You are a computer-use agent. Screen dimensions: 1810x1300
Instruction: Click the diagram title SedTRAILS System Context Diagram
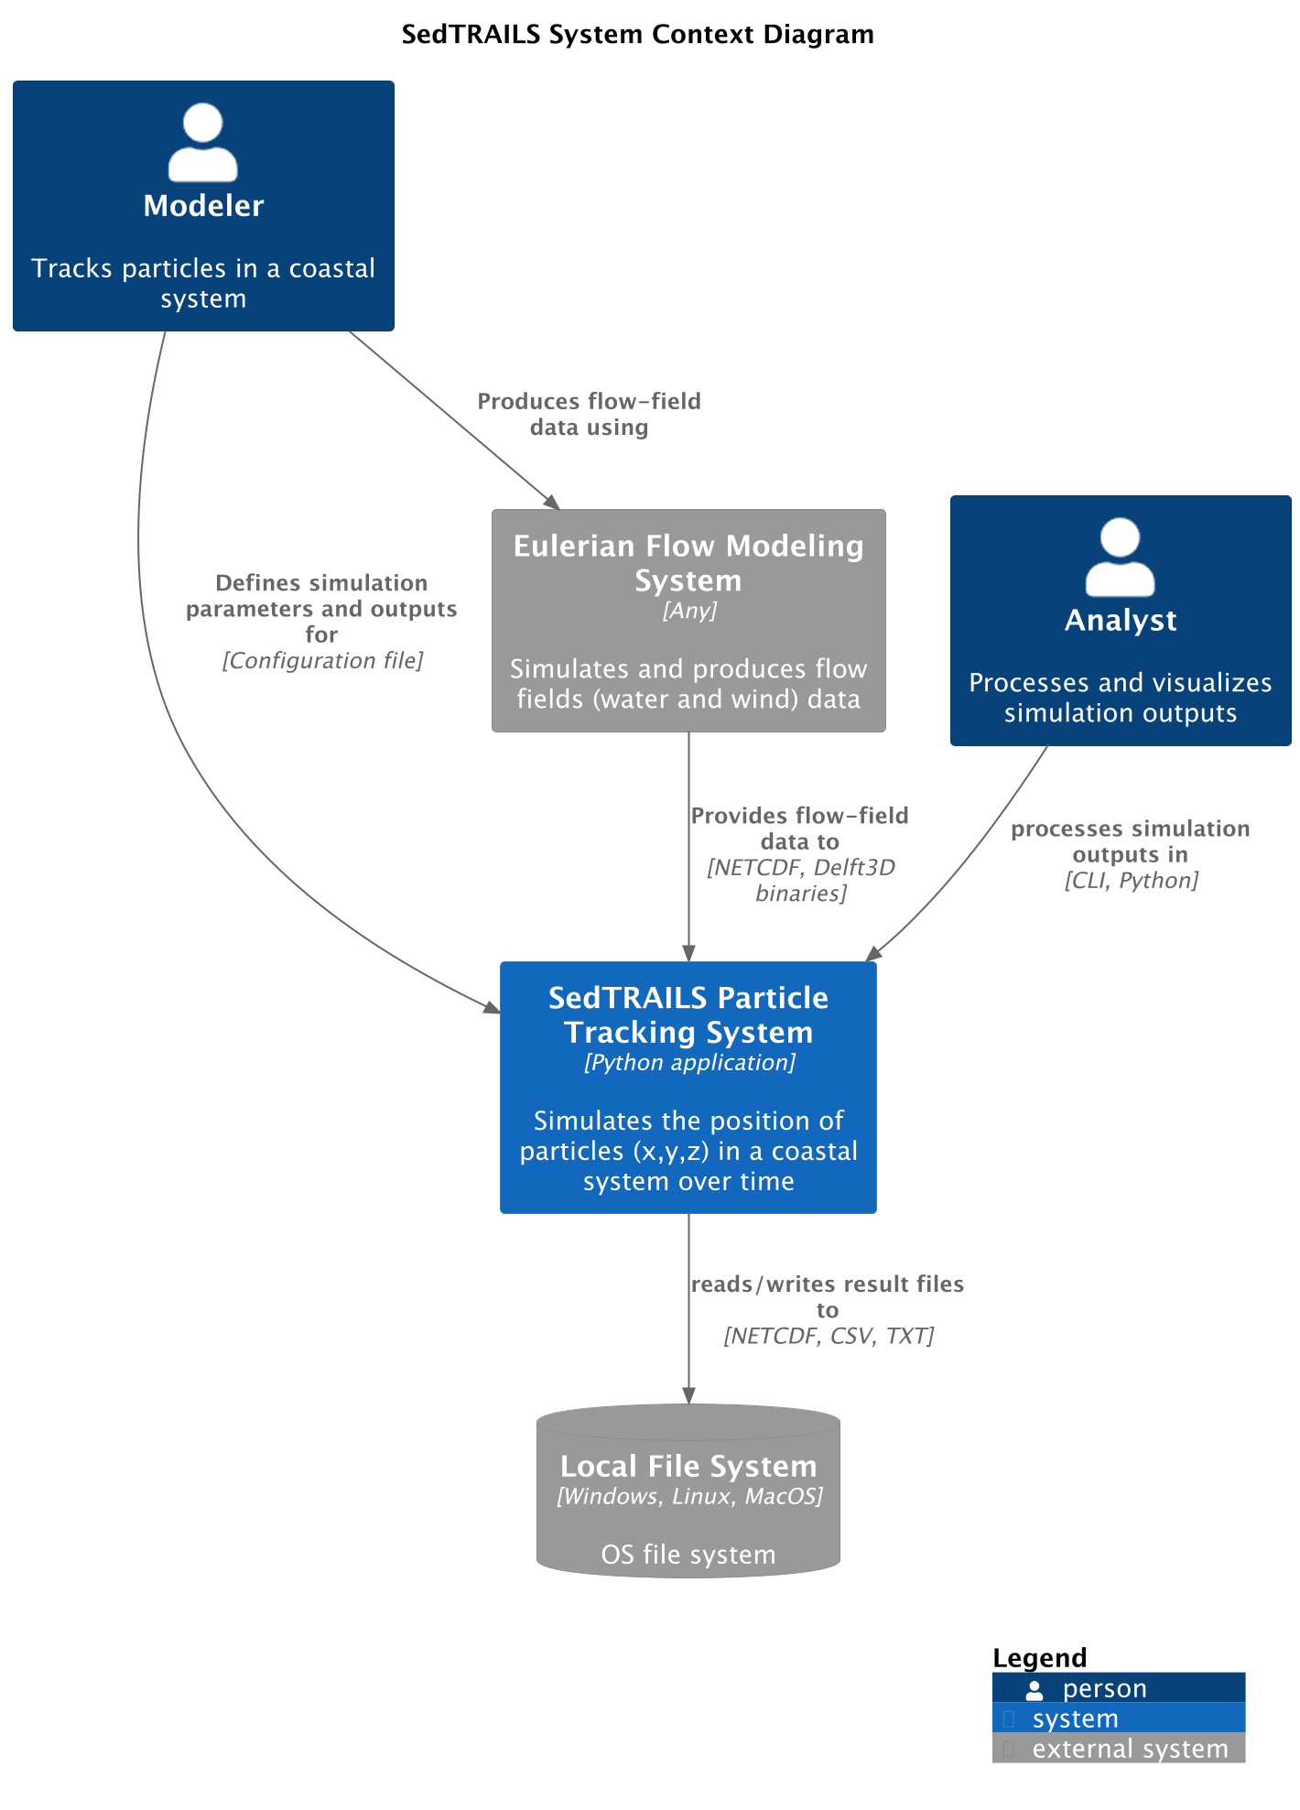coord(637,35)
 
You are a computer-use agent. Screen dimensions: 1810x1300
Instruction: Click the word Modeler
coord(203,206)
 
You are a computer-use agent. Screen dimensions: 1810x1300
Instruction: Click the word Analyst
coord(1120,621)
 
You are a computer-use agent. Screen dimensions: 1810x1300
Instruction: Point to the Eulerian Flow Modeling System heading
coord(688,562)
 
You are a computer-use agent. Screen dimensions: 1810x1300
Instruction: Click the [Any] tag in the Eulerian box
coord(689,611)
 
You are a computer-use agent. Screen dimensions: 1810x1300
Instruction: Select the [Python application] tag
coord(689,1063)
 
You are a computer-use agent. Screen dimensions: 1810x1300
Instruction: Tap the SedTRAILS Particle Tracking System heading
coord(688,1014)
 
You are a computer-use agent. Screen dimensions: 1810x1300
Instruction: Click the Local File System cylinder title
coord(688,1466)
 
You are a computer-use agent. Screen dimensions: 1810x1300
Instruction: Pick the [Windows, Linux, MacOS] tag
coord(689,1497)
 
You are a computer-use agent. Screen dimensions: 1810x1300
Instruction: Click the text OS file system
coord(688,1555)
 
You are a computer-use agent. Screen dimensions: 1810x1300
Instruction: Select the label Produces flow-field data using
coord(589,414)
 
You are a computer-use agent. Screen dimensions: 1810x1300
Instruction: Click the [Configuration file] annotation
coord(322,661)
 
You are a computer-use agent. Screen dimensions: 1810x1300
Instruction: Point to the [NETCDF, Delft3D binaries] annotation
coord(800,880)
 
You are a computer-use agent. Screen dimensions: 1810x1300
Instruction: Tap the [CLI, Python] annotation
coord(1131,881)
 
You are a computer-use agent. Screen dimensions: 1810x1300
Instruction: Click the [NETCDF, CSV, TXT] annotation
coord(828,1337)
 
